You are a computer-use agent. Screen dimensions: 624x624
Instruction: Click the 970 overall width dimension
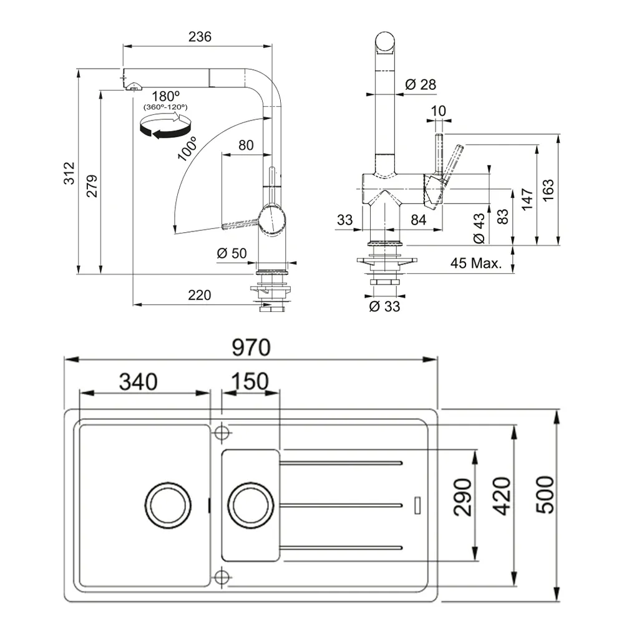(x=252, y=348)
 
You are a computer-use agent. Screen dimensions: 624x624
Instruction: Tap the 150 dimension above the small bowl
(x=250, y=381)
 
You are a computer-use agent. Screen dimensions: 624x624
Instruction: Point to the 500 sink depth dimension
(x=545, y=494)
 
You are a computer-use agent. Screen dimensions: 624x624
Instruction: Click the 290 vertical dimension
(x=462, y=497)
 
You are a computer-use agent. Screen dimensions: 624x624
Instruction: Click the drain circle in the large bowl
(x=165, y=502)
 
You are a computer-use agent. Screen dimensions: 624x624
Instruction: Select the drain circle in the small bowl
(x=250, y=502)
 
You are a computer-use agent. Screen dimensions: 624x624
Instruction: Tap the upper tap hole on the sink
(x=221, y=432)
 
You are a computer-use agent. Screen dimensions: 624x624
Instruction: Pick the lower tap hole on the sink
(x=221, y=575)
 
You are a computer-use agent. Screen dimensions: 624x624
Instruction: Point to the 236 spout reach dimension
(x=200, y=36)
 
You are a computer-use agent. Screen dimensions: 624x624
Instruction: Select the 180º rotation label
(x=165, y=97)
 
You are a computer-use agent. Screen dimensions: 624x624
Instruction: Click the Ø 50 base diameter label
(x=232, y=253)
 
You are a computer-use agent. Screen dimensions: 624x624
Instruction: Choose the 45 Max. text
(x=476, y=263)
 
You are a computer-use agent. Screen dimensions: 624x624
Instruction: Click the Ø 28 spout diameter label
(x=420, y=84)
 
